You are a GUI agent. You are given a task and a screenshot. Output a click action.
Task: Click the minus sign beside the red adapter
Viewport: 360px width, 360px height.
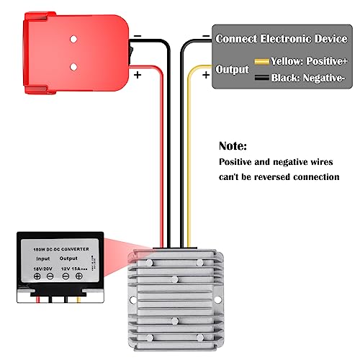138,35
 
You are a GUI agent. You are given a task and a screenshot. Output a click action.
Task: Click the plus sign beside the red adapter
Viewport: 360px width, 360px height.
138,73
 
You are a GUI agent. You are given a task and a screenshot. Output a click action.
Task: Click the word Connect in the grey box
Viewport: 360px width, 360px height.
237,38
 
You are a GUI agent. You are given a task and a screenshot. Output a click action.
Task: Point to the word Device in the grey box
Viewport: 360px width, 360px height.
330,38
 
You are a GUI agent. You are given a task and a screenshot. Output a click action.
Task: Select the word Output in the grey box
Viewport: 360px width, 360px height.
232,70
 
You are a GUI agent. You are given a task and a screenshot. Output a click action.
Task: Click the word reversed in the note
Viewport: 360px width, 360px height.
287,176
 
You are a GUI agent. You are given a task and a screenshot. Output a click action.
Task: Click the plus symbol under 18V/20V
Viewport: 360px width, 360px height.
37,276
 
